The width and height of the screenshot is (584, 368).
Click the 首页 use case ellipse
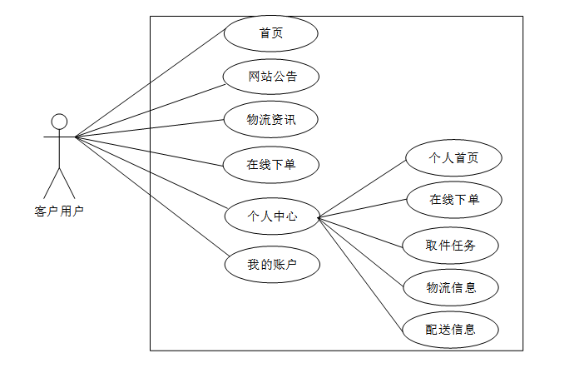pyautogui.click(x=271, y=34)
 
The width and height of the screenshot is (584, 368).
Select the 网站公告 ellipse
pyautogui.click(x=271, y=77)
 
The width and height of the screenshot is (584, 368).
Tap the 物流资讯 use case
pyautogui.click(x=271, y=120)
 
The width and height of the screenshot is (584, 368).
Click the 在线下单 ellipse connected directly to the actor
pyautogui.click(x=271, y=163)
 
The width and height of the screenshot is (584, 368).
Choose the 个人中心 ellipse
pyautogui.click(x=271, y=216)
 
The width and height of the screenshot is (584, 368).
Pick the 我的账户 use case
pyautogui.click(x=271, y=265)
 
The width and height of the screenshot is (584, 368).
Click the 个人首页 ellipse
pyautogui.click(x=453, y=157)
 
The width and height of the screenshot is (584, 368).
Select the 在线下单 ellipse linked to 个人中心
pyautogui.click(x=453, y=200)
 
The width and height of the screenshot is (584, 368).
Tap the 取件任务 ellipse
pyautogui.click(x=450, y=245)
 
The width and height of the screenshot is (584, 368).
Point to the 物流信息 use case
pyautogui.click(x=450, y=287)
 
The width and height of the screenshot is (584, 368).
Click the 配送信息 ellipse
pyautogui.click(x=450, y=329)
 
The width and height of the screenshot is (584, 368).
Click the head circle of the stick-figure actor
pyautogui.click(x=59, y=121)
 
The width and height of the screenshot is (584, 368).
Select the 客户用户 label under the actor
pyautogui.click(x=59, y=211)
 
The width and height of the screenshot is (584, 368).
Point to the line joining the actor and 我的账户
pyautogui.click(x=150, y=196)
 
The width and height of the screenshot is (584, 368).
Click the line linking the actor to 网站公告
pyautogui.click(x=150, y=108)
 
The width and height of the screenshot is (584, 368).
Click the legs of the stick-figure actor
pyautogui.click(x=59, y=182)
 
